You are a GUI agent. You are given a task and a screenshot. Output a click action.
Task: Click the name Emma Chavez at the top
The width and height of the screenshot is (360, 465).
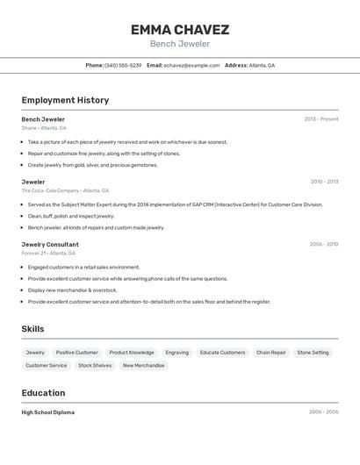[180, 30]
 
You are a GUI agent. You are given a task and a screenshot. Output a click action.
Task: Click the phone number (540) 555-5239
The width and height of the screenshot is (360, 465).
[123, 65]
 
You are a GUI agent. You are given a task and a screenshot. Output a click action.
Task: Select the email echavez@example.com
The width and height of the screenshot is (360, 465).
[191, 65]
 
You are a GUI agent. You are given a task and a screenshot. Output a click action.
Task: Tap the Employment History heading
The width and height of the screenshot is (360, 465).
[65, 100]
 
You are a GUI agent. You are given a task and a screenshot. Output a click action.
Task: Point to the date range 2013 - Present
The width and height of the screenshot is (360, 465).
[321, 119]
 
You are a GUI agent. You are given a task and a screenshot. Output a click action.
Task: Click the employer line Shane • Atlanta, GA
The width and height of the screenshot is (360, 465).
[44, 128]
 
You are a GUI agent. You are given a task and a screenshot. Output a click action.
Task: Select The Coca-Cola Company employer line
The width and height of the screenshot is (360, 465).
[65, 190]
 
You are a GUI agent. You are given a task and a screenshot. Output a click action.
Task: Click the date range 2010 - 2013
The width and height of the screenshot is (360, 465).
[324, 182]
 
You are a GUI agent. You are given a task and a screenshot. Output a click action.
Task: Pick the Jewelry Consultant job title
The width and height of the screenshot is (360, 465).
[50, 245]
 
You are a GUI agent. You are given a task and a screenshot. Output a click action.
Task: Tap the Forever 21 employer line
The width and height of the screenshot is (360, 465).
[48, 254]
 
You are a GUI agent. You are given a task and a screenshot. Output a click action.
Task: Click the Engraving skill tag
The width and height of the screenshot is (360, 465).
[176, 353]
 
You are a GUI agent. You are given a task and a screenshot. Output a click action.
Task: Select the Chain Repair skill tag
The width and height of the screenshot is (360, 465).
[271, 353]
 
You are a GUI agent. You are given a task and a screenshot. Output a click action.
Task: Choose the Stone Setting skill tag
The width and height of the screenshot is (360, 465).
[313, 353]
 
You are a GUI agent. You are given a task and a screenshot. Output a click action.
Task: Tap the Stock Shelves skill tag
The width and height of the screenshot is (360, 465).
[95, 366]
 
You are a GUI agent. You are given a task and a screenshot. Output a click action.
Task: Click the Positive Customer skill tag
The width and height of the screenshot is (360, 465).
[77, 353]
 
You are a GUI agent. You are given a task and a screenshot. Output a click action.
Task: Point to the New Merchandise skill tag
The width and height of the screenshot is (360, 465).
[143, 366]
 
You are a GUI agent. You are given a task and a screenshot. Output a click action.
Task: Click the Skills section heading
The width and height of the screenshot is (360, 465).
[33, 329]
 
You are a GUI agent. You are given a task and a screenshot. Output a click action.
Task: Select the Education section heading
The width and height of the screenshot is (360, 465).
[43, 393]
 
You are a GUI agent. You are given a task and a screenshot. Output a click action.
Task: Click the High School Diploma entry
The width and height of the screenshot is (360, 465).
[48, 412]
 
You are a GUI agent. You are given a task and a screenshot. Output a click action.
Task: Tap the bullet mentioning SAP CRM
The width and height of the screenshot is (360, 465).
[176, 204]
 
